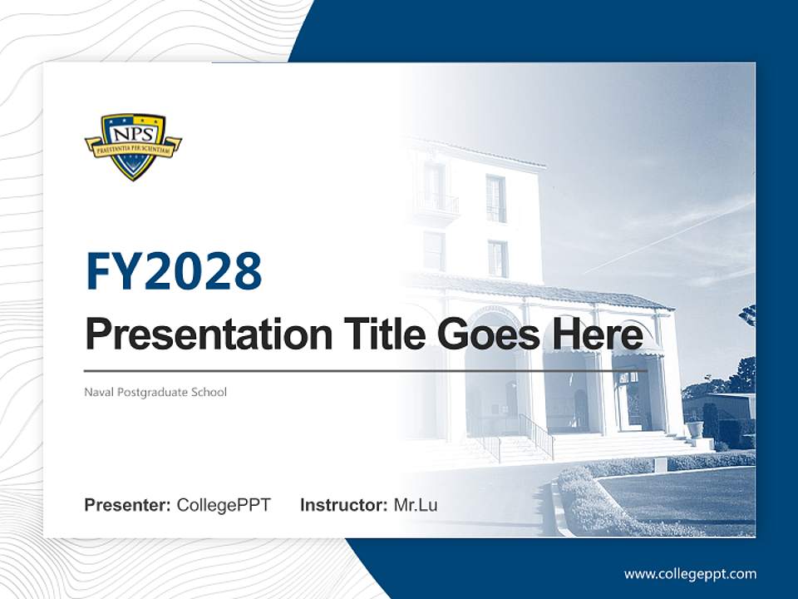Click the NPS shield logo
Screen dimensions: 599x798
[x=133, y=146]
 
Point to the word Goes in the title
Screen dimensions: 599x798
[x=484, y=335]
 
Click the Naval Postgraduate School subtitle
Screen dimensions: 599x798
[x=155, y=392]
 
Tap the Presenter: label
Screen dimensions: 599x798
[x=127, y=505]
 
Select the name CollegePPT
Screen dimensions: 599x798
[x=224, y=505]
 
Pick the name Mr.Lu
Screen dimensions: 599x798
[x=416, y=505]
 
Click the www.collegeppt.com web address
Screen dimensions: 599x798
[x=690, y=573]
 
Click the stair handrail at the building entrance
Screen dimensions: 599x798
[x=537, y=433]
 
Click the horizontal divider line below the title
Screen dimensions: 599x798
[x=366, y=371]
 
